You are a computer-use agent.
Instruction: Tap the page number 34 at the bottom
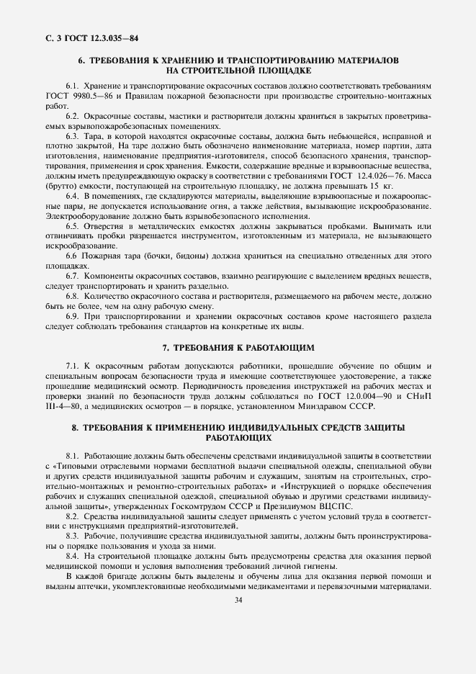[238, 602]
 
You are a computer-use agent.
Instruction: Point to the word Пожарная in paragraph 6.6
[103, 256]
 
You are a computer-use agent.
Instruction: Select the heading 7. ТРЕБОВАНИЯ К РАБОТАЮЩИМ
[238, 347]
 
